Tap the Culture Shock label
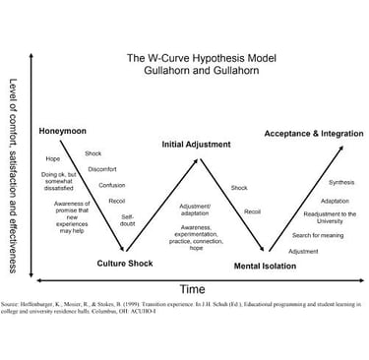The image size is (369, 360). pos(126,263)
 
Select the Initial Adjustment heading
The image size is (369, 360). pos(197,145)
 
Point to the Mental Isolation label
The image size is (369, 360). pos(266,266)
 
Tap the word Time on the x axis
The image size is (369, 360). pos(191,289)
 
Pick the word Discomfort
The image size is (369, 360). pos(102,168)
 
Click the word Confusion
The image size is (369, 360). pos(112,184)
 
